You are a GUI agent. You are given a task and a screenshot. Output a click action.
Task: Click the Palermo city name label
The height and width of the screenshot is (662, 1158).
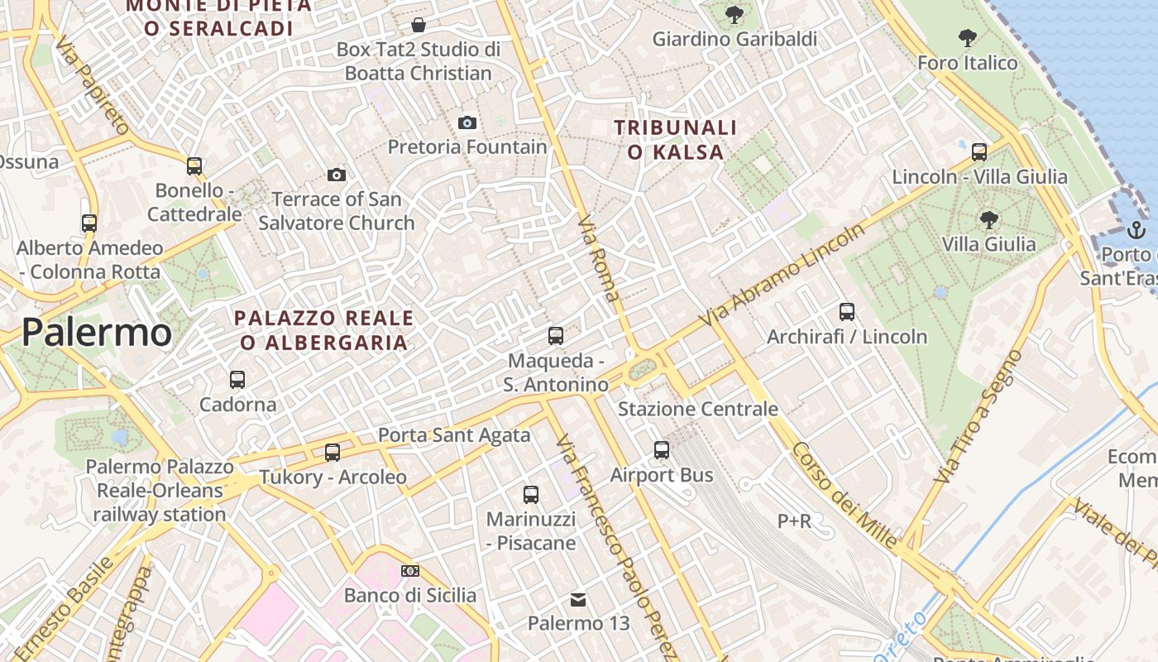[97, 332]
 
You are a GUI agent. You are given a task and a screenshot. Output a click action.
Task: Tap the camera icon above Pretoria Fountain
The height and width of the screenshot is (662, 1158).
[467, 123]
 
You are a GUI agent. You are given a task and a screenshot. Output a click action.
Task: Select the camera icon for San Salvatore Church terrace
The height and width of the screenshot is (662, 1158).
[337, 175]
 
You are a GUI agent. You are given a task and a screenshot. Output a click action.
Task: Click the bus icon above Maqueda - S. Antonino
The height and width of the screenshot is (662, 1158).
[556, 336]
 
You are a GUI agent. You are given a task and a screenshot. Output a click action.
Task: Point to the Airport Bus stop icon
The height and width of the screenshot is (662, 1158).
[662, 450]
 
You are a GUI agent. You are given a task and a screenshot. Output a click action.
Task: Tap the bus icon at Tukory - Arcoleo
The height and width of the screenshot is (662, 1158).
[333, 453]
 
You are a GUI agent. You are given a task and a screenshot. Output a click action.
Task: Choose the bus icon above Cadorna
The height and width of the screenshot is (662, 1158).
[237, 380]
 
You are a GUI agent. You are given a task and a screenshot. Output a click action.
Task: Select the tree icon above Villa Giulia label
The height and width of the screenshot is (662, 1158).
[988, 220]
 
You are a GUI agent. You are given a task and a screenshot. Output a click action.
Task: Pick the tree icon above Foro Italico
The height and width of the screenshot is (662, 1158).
[967, 38]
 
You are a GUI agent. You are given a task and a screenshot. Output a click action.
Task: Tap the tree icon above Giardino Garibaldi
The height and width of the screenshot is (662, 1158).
[734, 15]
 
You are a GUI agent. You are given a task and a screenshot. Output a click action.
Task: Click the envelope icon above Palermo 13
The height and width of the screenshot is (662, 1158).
[579, 599]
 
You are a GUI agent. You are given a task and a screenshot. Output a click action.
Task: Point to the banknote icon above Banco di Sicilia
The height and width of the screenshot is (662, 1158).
[409, 571]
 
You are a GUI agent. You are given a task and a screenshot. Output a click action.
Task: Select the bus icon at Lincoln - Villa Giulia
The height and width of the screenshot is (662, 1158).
[979, 152]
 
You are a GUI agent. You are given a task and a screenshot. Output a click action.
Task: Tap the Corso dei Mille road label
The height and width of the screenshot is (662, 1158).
[844, 495]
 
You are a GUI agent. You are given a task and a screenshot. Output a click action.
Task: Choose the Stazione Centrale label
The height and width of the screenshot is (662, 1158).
[698, 409]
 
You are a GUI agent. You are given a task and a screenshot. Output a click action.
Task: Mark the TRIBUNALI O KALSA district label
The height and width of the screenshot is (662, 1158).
[676, 140]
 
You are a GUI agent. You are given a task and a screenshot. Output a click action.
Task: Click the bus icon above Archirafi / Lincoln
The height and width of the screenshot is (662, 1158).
[847, 312]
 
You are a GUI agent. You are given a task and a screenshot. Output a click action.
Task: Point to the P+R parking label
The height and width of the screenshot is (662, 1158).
[794, 520]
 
